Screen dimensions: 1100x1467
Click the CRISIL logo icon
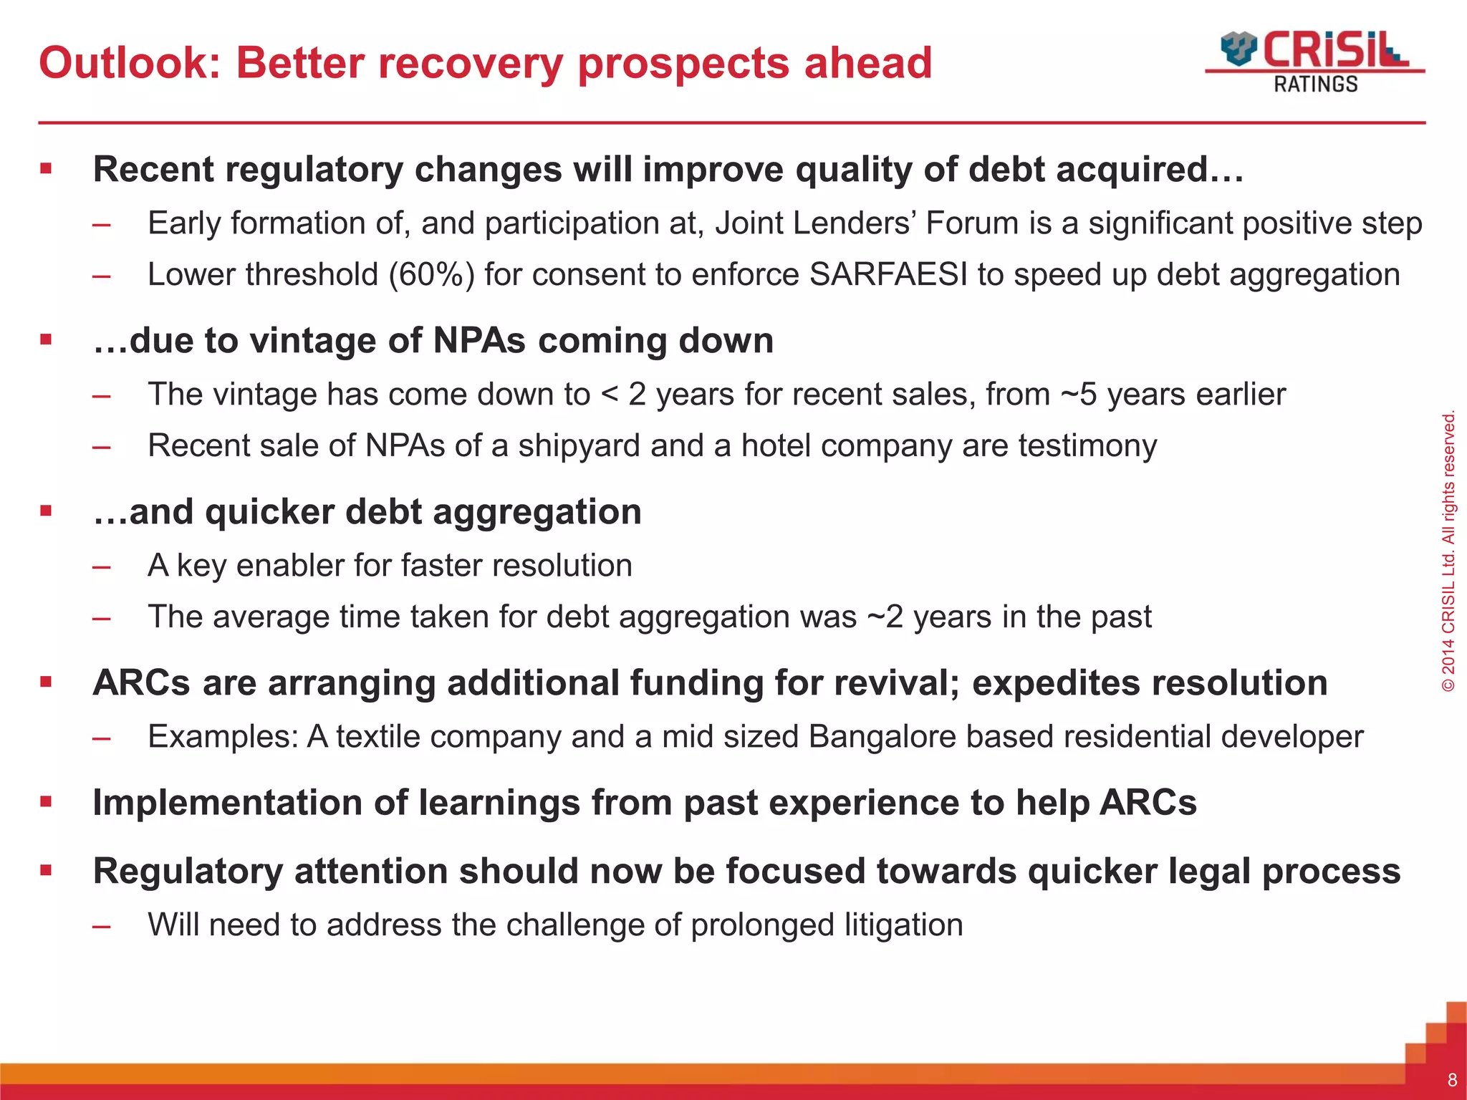point(1238,48)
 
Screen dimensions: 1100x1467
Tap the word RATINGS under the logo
point(1315,85)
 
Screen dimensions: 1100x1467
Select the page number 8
point(1452,1080)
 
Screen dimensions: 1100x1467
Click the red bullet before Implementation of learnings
point(47,802)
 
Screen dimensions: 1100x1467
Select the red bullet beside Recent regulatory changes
point(47,170)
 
